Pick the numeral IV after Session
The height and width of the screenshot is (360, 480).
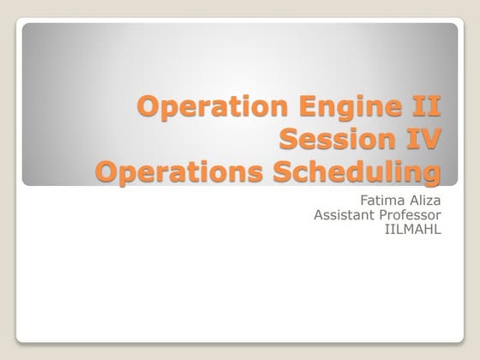[x=421, y=140]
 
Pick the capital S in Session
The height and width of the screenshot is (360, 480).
[x=291, y=140]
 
